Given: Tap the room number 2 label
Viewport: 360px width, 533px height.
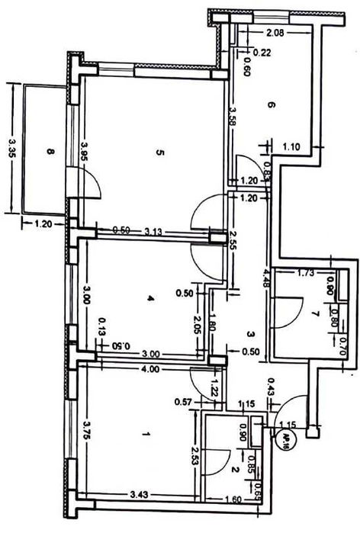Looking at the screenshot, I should (x=237, y=470).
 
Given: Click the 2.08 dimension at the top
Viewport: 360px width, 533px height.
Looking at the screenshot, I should (x=275, y=34).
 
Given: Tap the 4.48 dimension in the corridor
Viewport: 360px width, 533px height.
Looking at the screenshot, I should (x=265, y=276).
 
